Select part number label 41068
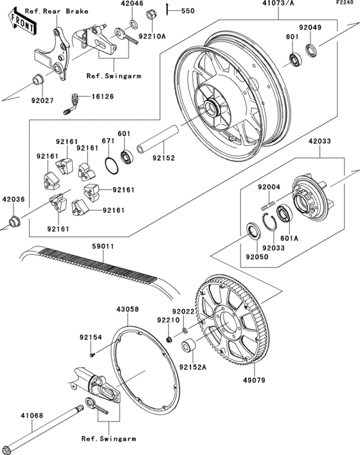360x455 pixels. pos(32,416)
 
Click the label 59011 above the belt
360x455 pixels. pos(103,246)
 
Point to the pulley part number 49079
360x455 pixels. pos(254,380)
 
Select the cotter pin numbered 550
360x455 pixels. pos(168,10)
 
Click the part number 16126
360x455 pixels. pos(103,96)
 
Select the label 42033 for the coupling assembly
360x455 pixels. pos(319,141)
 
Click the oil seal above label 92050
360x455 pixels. pos(253,231)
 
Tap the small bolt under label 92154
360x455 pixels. pos(92,355)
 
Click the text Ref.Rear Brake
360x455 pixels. pos(57,12)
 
